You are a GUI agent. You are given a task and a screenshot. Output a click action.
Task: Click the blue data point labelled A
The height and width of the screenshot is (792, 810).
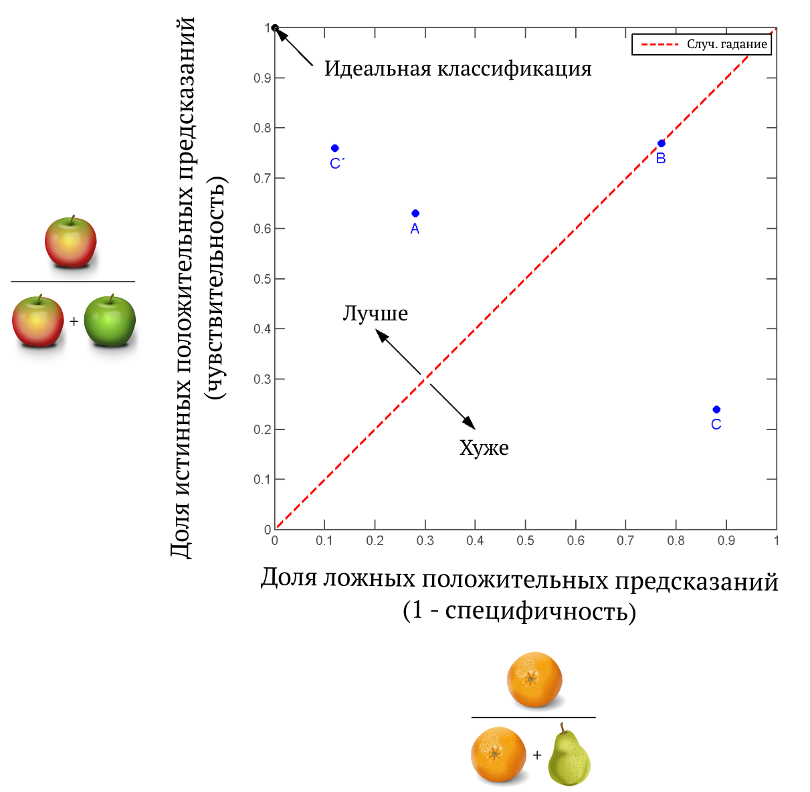click(415, 213)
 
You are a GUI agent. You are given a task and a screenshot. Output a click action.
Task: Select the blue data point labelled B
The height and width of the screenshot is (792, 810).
click(662, 143)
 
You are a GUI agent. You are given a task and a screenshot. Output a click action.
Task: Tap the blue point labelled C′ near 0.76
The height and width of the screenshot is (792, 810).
click(335, 148)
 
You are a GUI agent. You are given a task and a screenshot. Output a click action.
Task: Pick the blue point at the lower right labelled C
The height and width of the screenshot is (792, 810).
click(716, 409)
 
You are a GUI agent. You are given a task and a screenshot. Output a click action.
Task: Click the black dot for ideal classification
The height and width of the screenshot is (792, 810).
click(275, 28)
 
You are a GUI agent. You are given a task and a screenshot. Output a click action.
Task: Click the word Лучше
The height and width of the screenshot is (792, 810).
click(375, 314)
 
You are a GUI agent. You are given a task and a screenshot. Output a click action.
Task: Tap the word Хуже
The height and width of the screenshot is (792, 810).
click(484, 448)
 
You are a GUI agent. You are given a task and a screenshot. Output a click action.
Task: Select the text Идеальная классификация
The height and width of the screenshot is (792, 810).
click(458, 68)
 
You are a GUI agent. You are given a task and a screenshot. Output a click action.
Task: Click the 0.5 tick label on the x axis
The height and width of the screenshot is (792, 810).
click(525, 540)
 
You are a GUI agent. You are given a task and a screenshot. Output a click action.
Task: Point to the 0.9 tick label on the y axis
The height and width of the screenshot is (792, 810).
click(262, 78)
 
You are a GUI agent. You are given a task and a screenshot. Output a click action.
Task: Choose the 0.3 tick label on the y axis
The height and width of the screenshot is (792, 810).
click(262, 379)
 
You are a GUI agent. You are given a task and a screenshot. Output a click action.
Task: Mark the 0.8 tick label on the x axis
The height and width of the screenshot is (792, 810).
click(676, 540)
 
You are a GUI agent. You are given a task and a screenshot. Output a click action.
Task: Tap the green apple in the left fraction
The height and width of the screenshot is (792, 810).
click(110, 321)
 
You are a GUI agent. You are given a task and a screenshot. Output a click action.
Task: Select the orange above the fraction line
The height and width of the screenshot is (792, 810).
click(534, 680)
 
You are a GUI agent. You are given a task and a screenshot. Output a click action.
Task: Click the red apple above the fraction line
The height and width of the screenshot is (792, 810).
click(71, 241)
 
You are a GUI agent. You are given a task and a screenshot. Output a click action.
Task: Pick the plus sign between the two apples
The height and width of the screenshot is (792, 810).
click(74, 321)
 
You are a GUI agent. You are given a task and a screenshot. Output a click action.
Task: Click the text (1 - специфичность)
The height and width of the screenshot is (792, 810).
click(519, 611)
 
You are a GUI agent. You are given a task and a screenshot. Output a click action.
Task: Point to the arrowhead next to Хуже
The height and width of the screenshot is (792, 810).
click(470, 423)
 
